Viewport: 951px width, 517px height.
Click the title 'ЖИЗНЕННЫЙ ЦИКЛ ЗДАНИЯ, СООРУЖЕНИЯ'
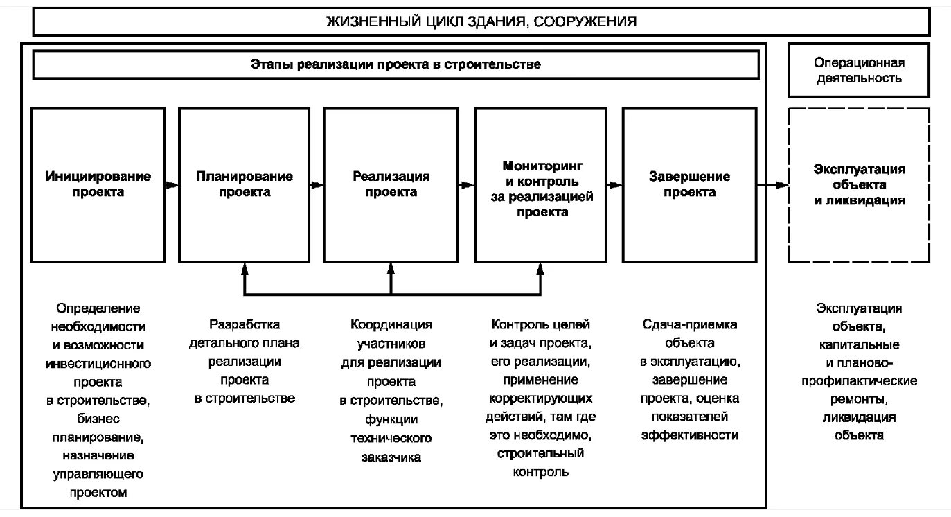click(x=481, y=22)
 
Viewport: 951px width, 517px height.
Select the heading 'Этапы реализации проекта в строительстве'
click(x=395, y=65)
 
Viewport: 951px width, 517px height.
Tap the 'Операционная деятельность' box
click(x=858, y=70)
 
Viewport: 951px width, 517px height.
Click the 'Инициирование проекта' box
click(x=98, y=184)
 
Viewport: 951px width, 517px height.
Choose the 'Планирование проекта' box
click(x=244, y=184)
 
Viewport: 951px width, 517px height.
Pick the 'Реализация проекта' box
click(x=391, y=184)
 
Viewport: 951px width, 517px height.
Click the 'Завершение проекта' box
click(x=688, y=184)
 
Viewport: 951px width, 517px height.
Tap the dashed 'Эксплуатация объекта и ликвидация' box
click(x=859, y=184)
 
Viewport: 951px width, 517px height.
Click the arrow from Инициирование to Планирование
click(x=172, y=185)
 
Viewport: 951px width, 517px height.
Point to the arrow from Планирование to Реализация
click(x=317, y=185)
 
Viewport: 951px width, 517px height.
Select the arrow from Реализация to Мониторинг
click(x=467, y=185)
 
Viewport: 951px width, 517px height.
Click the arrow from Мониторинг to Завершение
click(x=615, y=185)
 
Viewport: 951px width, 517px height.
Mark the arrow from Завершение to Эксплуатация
click(x=772, y=185)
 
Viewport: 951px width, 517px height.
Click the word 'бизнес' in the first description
click(x=98, y=419)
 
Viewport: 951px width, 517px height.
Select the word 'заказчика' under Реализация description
click(x=391, y=457)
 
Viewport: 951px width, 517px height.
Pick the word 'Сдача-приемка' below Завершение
click(x=689, y=324)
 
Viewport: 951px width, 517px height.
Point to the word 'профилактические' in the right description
click(x=859, y=381)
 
